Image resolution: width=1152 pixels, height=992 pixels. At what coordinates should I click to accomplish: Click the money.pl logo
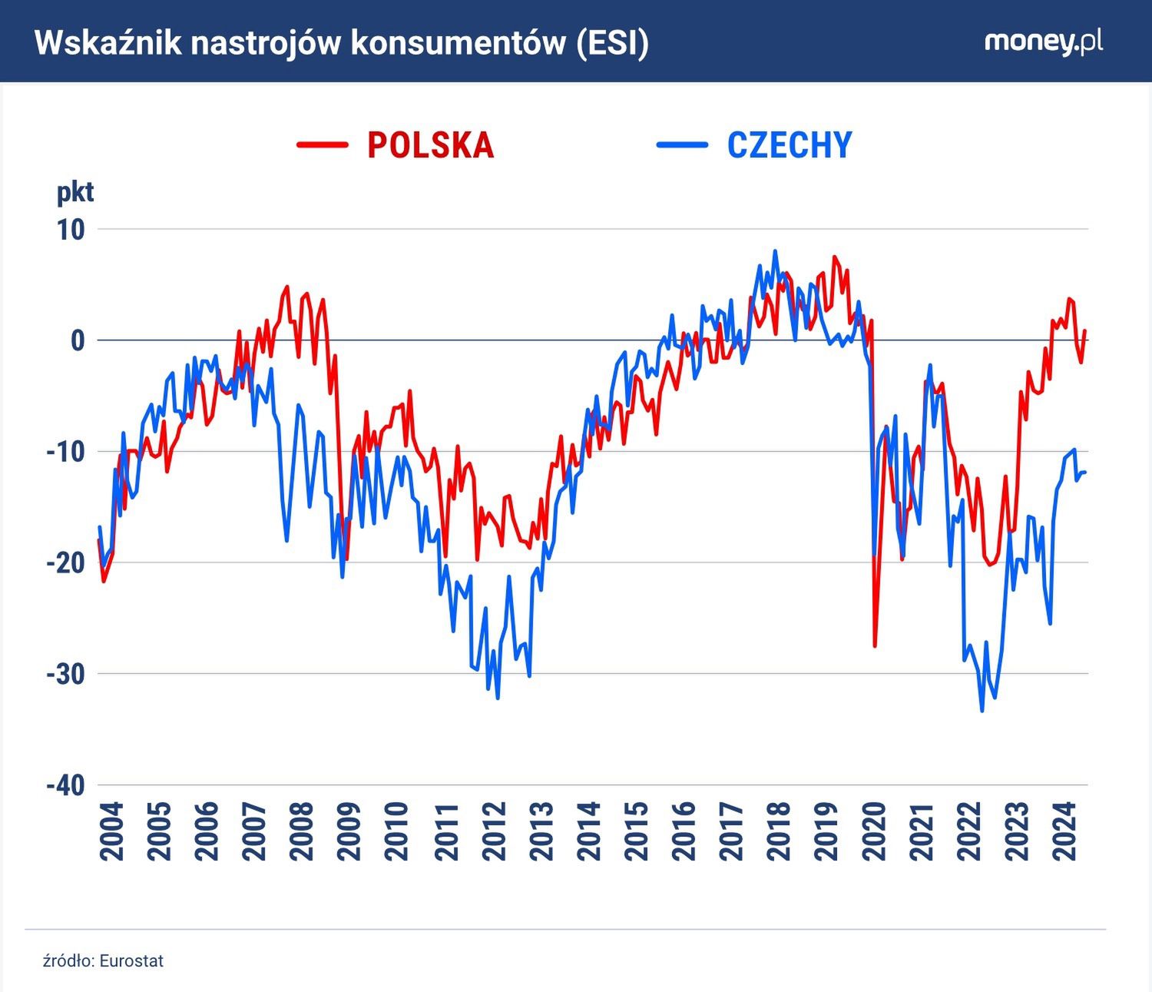(1043, 41)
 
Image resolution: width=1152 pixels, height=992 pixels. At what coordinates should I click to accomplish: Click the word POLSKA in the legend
(430, 145)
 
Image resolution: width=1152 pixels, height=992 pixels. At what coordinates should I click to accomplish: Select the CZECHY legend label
(790, 145)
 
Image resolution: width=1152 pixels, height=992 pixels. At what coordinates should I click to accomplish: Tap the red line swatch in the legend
(323, 144)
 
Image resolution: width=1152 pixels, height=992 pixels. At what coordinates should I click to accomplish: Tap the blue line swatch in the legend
(682, 144)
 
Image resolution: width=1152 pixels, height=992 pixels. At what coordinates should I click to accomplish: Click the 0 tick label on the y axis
(78, 340)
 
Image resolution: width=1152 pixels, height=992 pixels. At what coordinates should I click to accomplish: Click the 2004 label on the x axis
(112, 831)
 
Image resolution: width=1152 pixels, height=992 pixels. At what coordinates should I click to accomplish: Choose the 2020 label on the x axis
(874, 831)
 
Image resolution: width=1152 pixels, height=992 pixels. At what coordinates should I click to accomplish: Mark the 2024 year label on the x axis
(1064, 831)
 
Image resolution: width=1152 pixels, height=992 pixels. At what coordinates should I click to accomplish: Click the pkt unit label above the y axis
(75, 192)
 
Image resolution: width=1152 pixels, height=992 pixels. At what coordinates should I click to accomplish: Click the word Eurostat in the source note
(131, 961)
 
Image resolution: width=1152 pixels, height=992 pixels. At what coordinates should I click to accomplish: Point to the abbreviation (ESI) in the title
(611, 43)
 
